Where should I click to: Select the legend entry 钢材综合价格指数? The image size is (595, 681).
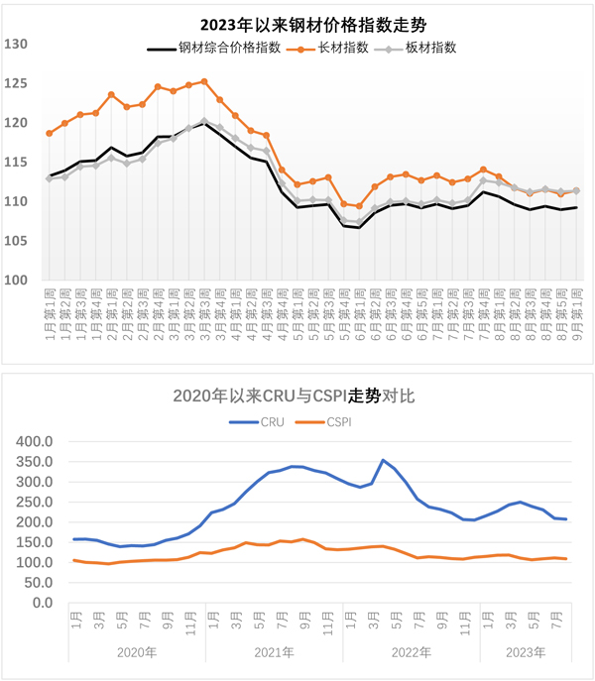coord(226,47)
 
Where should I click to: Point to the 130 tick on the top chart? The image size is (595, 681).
coord(17,44)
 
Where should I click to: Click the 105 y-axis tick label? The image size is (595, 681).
coord(17,241)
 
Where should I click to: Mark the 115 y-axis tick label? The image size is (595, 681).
coord(17,162)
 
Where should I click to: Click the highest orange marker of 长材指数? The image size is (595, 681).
coord(204,81)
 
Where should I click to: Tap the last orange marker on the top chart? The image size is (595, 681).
coord(576,191)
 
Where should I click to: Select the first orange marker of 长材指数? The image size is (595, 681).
coord(50,133)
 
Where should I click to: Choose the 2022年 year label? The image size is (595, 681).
coord(411,652)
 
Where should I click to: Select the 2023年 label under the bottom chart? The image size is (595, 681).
coord(525,652)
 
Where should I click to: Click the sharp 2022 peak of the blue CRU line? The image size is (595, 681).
coord(383,460)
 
